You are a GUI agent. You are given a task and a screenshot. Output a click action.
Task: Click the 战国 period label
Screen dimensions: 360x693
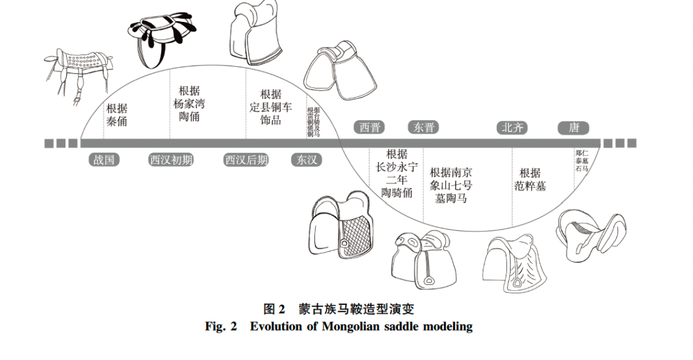click(x=104, y=160)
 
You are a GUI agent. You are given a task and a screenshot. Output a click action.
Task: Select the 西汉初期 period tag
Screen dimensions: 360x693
click(x=171, y=160)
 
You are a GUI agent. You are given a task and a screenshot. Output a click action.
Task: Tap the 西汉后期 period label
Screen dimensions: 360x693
click(x=246, y=160)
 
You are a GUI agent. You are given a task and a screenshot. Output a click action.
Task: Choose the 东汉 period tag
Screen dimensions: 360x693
click(x=306, y=160)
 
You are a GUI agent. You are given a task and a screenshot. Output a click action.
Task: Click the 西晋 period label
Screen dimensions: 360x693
click(x=370, y=127)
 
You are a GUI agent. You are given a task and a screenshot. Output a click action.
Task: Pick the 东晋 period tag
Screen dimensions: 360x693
click(x=424, y=127)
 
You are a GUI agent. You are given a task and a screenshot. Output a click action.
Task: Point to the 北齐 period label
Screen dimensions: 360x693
click(x=512, y=127)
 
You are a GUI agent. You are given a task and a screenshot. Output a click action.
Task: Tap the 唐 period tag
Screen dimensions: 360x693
click(x=574, y=127)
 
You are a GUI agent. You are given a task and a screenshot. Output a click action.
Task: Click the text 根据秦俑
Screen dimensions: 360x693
click(x=117, y=115)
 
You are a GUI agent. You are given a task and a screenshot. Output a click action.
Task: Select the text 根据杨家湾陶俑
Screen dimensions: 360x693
click(x=189, y=103)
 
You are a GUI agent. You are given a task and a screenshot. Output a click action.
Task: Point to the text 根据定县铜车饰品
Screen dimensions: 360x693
click(x=271, y=107)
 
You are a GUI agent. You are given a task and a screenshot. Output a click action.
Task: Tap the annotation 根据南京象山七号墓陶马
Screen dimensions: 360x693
click(x=451, y=185)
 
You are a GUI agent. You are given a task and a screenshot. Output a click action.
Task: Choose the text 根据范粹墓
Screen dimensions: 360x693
click(x=530, y=180)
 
